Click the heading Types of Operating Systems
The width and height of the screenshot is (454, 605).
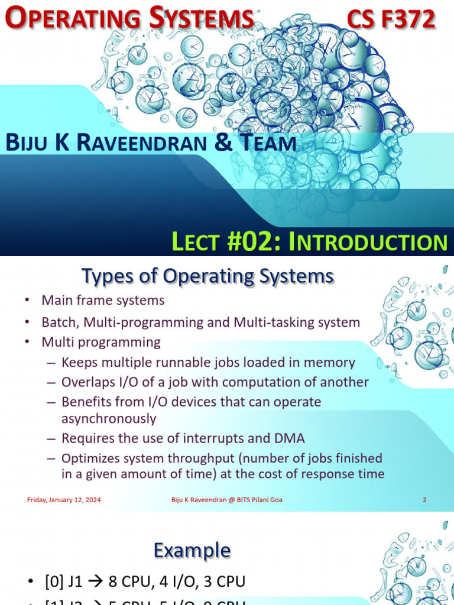point(207,276)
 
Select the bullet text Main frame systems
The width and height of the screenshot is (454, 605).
point(103,300)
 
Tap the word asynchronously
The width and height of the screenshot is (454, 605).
point(109,419)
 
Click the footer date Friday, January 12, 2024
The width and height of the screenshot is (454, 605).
point(64,500)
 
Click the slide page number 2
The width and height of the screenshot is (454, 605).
point(424,500)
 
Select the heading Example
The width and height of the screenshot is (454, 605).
point(192,551)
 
